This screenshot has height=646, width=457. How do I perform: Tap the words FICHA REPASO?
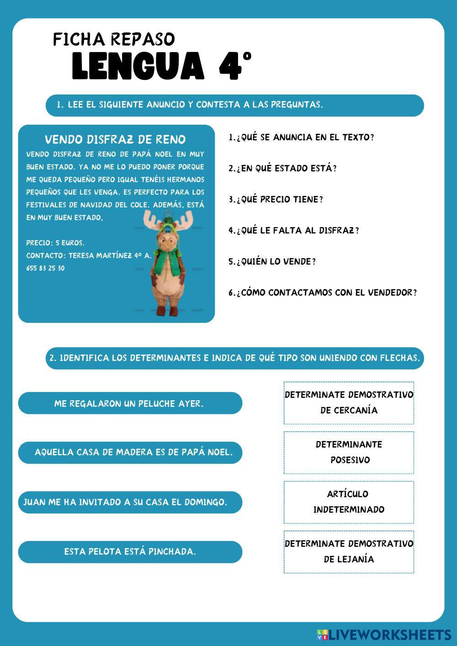click(114, 40)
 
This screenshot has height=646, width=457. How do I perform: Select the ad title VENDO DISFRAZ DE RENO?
click(115, 139)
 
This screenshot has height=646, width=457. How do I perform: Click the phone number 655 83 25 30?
click(45, 268)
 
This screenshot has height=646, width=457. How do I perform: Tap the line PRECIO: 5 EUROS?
click(55, 243)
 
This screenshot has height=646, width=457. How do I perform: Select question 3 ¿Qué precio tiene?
click(276, 199)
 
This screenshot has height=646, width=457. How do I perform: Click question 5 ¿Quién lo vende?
click(272, 261)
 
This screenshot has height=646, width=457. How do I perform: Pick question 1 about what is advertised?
click(301, 137)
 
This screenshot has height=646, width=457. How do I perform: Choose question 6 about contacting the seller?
click(323, 292)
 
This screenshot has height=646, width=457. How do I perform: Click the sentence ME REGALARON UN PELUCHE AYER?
click(130, 403)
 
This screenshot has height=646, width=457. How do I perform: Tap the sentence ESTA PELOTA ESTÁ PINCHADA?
click(130, 551)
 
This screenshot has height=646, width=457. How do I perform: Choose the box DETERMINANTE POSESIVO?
click(349, 452)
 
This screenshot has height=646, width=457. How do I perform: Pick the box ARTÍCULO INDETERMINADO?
click(349, 502)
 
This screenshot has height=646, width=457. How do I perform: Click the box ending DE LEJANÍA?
click(349, 551)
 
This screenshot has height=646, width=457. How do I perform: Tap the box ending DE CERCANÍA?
click(349, 402)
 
